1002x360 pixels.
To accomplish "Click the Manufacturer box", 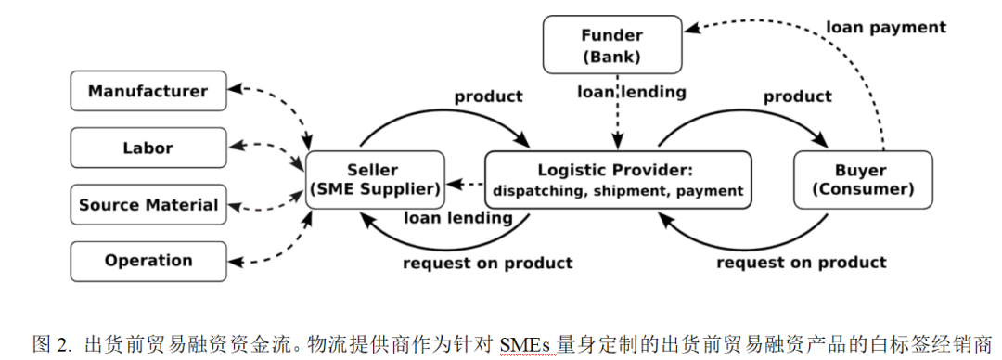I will coord(148,91).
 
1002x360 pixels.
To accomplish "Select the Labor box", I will coord(148,148).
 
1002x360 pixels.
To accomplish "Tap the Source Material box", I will coord(148,205).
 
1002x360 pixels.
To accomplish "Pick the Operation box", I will coord(148,261).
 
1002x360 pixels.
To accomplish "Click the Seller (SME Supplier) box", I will coord(373,180).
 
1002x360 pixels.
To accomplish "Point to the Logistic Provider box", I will coord(618,180).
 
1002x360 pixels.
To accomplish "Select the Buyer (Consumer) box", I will coord(862,180).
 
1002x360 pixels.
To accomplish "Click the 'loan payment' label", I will coord(886,28).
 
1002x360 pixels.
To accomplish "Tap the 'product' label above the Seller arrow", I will coord(488,96).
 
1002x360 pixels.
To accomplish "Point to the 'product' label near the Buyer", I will coord(797,96).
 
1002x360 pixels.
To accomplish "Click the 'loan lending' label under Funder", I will coord(632,92).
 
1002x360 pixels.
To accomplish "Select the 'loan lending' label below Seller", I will coord(457,219).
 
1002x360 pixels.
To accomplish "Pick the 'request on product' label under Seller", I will coord(487,263).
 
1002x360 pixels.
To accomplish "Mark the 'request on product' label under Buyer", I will coord(802,263).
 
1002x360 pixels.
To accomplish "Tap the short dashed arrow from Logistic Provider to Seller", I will coord(465,184).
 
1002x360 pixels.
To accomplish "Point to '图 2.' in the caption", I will coord(52,344).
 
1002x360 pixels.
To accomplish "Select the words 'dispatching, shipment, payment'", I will coord(618,191).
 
